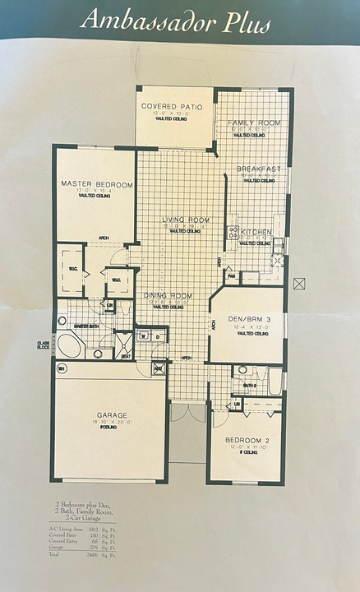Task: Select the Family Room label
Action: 254,122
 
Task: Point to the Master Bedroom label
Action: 97,185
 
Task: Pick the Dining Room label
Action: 168,295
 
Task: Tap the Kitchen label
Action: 256,233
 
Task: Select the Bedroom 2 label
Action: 247,440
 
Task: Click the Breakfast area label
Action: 260,169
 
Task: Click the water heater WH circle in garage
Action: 61,368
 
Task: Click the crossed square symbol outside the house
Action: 299,283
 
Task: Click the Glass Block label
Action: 43,345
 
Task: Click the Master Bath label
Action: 86,326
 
